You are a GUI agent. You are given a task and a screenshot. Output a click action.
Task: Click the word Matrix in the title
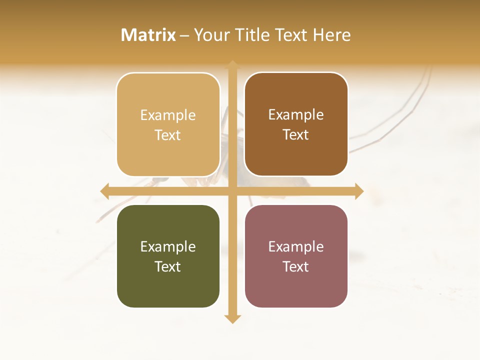coord(148,35)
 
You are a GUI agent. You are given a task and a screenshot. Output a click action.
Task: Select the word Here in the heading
coord(331,35)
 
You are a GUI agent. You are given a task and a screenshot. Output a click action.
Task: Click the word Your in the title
coord(212,35)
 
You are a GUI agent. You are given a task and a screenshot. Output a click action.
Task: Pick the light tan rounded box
coord(168,124)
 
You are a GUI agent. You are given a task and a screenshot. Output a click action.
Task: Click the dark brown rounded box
coord(296,124)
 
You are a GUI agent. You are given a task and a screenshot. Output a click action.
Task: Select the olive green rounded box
coord(168,256)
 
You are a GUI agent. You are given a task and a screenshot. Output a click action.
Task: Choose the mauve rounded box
coord(296,256)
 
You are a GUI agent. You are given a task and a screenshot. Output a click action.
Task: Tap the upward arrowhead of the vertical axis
coord(232,64)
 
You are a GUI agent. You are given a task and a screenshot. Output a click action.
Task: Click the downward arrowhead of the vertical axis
coord(232,319)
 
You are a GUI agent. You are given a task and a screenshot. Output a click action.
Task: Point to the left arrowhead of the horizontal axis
coord(104,191)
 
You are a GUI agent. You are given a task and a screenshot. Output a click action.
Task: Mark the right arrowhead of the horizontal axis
coord(359,191)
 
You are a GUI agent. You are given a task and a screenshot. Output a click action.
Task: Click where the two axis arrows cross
coord(232,191)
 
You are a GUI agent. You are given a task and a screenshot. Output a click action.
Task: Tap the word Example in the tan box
coord(168,115)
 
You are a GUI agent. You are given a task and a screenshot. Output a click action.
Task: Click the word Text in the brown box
coord(296,134)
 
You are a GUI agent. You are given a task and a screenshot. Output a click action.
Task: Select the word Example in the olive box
coord(168,246)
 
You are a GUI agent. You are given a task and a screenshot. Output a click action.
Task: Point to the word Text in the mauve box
coord(296,266)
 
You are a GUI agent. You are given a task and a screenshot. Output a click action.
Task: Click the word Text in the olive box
coord(168,266)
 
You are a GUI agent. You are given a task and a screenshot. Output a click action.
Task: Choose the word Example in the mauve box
coord(296,246)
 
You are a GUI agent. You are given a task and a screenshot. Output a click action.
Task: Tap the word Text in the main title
coord(290,35)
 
